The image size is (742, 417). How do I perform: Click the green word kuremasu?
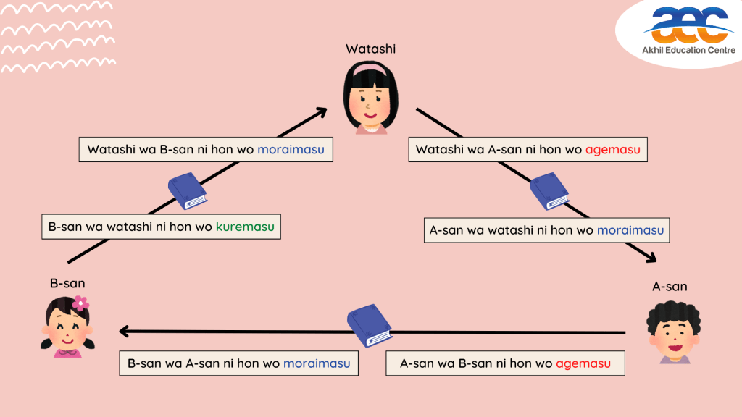(x=245, y=227)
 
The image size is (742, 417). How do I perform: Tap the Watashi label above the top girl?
(x=370, y=49)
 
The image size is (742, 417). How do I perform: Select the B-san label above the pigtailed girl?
(x=67, y=283)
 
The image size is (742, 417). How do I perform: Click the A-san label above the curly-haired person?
(x=670, y=287)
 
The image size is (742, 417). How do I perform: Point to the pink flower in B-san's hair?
(x=80, y=303)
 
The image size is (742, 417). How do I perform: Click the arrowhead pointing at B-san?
(x=125, y=332)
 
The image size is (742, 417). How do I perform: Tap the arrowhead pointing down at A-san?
(x=648, y=258)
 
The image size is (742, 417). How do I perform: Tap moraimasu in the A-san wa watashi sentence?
(x=630, y=230)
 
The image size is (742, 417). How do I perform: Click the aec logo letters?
(x=688, y=25)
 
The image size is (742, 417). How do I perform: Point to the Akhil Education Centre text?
(x=689, y=50)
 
